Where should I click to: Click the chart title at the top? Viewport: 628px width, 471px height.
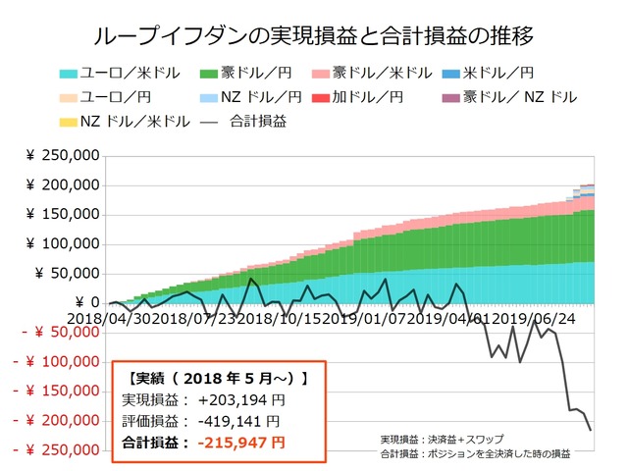coord(313,36)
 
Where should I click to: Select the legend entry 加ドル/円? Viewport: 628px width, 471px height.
coord(379,98)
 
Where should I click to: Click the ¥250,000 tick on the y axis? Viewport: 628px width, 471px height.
coord(62,155)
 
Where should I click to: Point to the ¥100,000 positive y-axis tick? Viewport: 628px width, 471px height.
coord(62,243)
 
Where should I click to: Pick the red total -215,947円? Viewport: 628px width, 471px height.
coord(241,444)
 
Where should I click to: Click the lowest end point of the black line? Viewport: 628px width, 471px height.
coord(591,429)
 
